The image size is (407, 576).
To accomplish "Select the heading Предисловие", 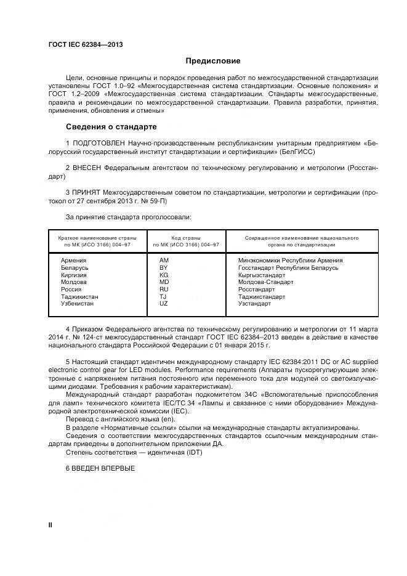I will point(213,61).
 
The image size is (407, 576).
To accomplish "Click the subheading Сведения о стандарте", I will point(111,128).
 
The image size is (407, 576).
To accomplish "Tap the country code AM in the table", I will point(164,261).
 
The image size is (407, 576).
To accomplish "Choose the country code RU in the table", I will point(164,289).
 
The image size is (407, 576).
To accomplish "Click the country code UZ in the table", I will point(164,304).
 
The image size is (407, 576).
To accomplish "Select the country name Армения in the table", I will point(73,261).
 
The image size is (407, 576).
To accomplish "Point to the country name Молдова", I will point(74,282).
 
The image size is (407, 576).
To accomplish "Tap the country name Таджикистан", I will point(79,296).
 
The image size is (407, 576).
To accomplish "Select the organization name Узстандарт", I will point(254,304).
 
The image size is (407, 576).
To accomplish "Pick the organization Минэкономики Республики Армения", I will point(290,261).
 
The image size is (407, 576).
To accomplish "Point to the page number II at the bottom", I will point(50,524).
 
